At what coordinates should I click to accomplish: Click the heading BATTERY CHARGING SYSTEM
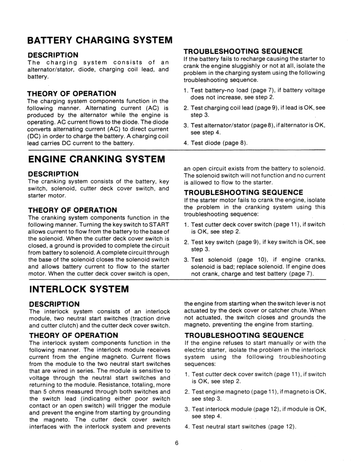100,40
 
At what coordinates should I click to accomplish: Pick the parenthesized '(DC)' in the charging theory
34,137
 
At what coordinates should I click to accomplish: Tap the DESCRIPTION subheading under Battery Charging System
53,55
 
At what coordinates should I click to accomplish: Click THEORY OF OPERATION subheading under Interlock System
73,335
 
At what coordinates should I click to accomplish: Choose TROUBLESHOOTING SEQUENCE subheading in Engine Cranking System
243,192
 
